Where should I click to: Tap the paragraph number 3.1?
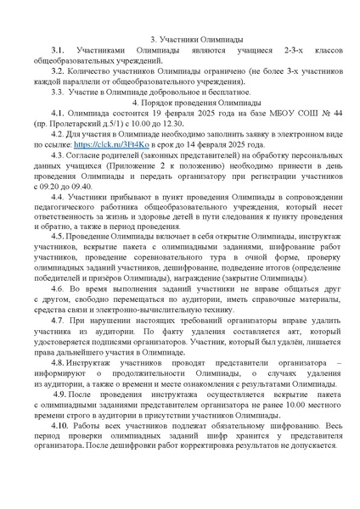(57, 52)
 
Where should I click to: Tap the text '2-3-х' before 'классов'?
(277, 52)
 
